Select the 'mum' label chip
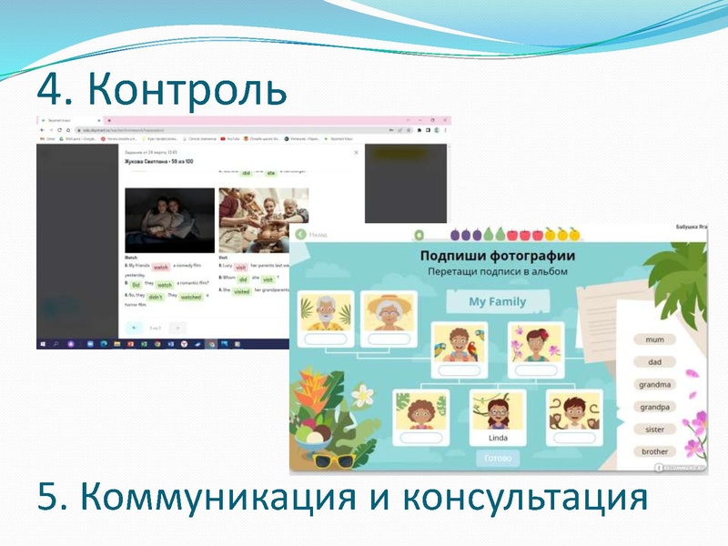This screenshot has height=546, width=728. pyautogui.click(x=654, y=339)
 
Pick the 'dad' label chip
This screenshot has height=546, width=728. pyautogui.click(x=654, y=361)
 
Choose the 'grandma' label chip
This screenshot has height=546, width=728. pyautogui.click(x=654, y=384)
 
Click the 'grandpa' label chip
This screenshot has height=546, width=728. pyautogui.click(x=654, y=407)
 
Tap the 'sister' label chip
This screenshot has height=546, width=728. pyautogui.click(x=654, y=430)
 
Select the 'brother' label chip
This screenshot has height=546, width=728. pyautogui.click(x=654, y=451)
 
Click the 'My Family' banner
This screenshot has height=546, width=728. pyautogui.click(x=497, y=301)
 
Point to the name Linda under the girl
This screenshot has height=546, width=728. pyautogui.click(x=498, y=438)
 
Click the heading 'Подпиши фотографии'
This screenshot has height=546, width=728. pyautogui.click(x=496, y=255)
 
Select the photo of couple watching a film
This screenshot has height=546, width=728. pyautogui.click(x=169, y=220)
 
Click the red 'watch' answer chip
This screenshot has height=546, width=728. pyautogui.click(x=161, y=268)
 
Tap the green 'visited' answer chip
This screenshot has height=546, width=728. pyautogui.click(x=241, y=291)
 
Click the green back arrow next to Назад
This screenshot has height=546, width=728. pyautogui.click(x=300, y=234)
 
